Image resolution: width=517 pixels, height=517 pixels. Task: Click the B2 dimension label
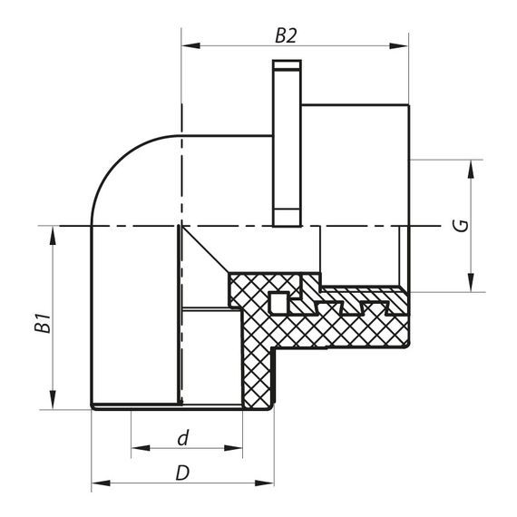click(287, 36)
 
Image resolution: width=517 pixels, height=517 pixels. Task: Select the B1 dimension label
click(41, 324)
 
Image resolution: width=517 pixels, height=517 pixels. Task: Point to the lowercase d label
click(183, 438)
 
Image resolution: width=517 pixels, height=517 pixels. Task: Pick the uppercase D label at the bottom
click(182, 473)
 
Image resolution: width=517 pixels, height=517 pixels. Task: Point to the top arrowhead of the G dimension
click(472, 166)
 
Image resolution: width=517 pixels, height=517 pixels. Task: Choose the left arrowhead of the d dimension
click(137, 447)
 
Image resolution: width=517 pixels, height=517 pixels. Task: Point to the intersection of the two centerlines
click(181, 224)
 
